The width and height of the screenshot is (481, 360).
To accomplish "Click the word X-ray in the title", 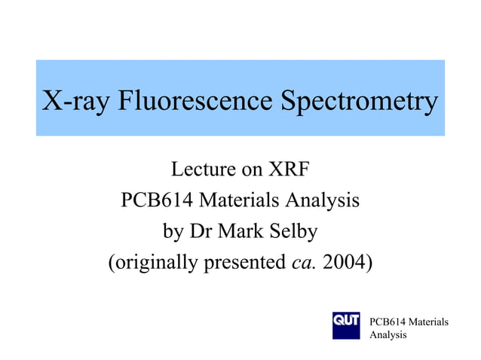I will (75, 100).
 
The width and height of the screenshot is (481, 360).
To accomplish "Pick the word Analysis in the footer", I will (388, 334).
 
